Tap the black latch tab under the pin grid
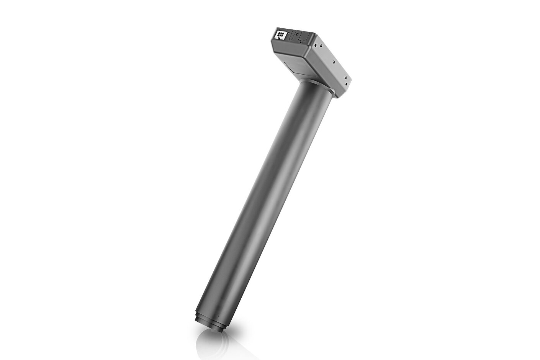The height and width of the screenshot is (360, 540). [x=279, y=38]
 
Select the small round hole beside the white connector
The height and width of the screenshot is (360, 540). [x=288, y=33]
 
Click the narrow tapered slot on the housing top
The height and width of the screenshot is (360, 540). [x=291, y=36]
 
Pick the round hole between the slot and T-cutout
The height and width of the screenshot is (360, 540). [x=298, y=34]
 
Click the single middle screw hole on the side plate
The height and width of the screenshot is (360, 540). [x=334, y=62]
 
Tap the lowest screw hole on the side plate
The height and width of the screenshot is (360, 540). [x=346, y=84]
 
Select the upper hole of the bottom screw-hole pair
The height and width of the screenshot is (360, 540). [x=345, y=77]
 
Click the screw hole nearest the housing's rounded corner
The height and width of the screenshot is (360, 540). [x=315, y=45]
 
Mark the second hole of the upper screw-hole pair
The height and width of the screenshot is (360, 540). [x=321, y=46]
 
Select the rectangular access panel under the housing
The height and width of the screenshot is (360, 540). [x=299, y=66]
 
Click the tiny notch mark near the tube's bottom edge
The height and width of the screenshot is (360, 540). [x=218, y=316]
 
